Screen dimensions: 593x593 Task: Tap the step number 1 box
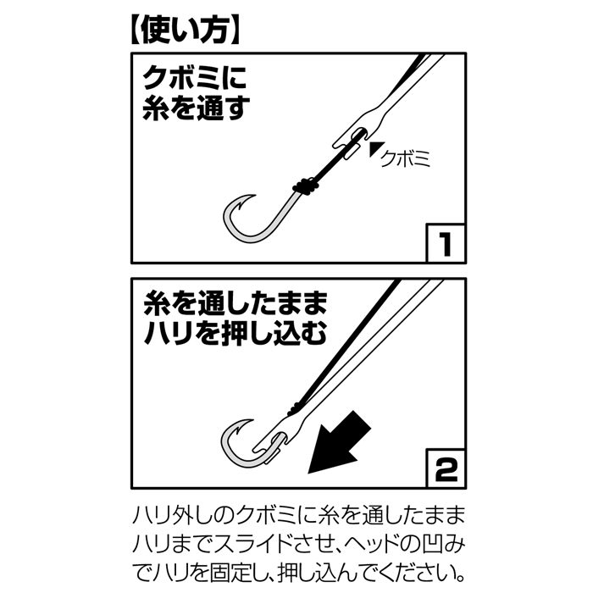point(446,243)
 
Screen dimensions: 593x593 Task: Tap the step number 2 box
point(446,468)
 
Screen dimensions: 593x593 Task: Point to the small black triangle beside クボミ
point(376,148)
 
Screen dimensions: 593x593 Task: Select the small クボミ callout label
point(405,158)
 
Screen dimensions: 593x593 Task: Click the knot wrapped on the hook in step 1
point(305,186)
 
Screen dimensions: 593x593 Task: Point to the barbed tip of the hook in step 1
point(254,196)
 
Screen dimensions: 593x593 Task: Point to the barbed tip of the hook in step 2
point(252,420)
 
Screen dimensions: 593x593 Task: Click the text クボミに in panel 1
point(194,78)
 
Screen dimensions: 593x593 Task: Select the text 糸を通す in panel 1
point(197,108)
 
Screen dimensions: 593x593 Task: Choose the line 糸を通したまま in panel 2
point(236,303)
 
